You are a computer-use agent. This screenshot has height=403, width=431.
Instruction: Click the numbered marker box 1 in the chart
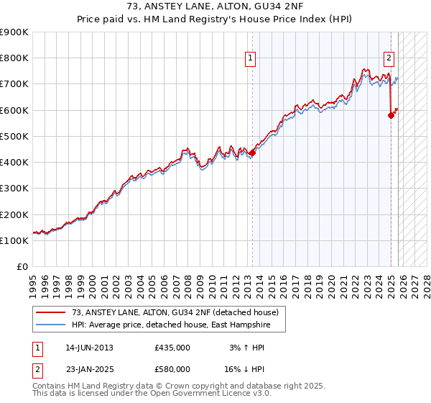[251, 59]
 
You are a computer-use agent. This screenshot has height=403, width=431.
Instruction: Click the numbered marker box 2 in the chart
[389, 59]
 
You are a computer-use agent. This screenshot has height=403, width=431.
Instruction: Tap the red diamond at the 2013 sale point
[252, 153]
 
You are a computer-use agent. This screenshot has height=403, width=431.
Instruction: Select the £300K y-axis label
[14, 189]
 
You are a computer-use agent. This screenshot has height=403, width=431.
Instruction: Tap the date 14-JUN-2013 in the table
[89, 348]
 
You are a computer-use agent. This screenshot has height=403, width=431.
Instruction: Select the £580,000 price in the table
[172, 369]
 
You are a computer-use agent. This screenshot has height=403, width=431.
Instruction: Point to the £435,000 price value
[172, 348]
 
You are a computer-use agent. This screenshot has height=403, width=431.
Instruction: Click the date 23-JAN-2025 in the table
[89, 369]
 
